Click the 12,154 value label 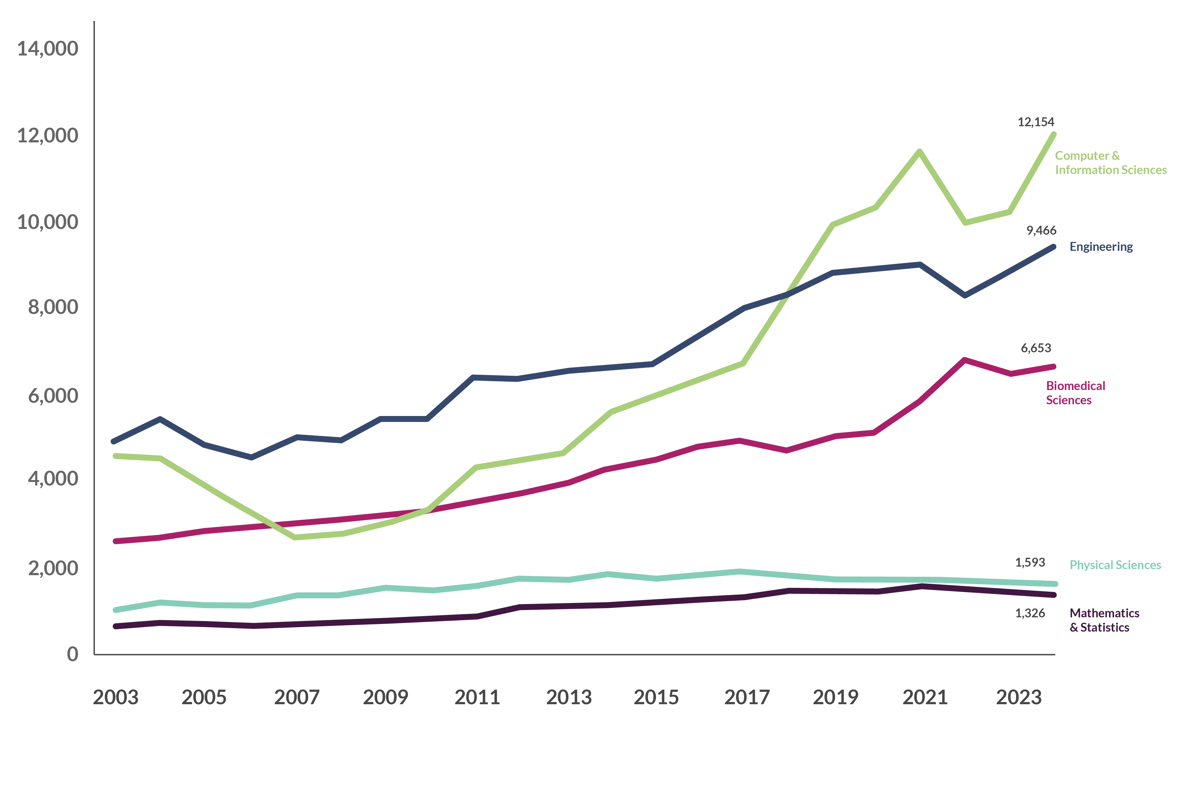tap(1035, 122)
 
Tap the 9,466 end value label tap(1041, 231)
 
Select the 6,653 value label tap(1035, 348)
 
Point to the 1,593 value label tap(1030, 562)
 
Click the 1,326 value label tap(1030, 613)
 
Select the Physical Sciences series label tap(1115, 565)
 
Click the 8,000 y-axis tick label tap(53, 307)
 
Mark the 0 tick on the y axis tap(72, 654)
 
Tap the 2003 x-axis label tap(115, 698)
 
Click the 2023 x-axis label tap(1018, 698)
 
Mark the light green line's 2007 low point tap(295, 537)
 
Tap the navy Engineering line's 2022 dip tap(965, 295)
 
